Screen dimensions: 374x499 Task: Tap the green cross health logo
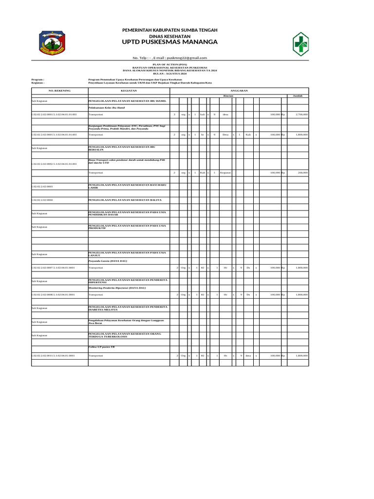click(303, 44)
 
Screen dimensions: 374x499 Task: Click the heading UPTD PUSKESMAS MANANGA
click(170, 42)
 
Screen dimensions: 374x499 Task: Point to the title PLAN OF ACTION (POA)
click(170, 64)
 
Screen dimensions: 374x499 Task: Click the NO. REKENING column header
click(59, 91)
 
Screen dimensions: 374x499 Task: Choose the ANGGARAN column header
click(239, 91)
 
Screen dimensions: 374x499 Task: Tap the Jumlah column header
click(298, 96)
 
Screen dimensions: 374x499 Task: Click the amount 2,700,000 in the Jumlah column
click(301, 114)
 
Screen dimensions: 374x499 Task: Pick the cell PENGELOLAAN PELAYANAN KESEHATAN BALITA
click(125, 200)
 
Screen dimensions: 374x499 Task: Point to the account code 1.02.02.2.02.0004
click(42, 200)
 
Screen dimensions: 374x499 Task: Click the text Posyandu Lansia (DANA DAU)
click(108, 261)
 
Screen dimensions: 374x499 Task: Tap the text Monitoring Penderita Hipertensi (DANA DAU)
click(117, 288)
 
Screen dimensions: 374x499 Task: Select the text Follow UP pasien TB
click(101, 346)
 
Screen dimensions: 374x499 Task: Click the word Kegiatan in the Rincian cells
click(225, 173)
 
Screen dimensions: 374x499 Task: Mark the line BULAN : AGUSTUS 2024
click(170, 73)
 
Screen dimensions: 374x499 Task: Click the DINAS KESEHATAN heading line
click(170, 36)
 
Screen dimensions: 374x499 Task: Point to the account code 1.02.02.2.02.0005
click(42, 187)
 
